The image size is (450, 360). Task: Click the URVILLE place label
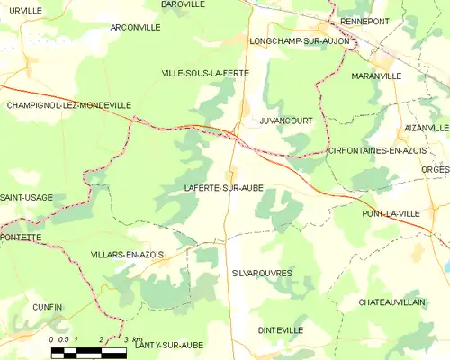(25, 10)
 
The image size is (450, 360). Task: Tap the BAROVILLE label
(184, 4)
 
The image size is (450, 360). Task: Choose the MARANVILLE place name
(376, 76)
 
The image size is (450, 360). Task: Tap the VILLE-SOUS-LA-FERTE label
(204, 72)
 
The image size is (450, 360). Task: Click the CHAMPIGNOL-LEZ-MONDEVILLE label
(68, 105)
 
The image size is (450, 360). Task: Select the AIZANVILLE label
(427, 129)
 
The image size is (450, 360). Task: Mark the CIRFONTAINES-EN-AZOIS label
(377, 150)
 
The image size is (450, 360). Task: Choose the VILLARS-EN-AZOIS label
(128, 255)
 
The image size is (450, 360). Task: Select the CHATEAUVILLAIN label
(391, 302)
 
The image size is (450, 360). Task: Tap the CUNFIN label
(48, 307)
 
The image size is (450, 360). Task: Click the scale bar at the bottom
(88, 352)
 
